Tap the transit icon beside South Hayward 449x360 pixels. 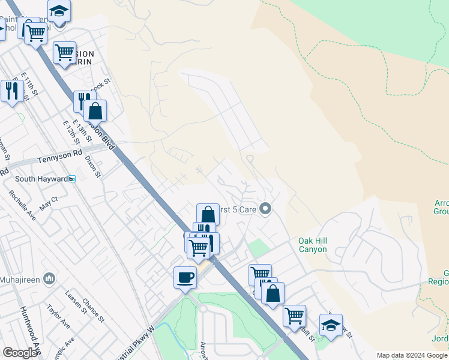72,179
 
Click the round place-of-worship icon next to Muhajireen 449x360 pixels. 49,278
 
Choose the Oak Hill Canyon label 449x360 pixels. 313,245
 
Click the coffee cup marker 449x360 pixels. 185,277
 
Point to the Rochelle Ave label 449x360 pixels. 22,205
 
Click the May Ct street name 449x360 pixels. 48,203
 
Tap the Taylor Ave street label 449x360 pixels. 58,317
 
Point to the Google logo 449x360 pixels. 20,353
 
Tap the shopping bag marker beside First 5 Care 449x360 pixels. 208,214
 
